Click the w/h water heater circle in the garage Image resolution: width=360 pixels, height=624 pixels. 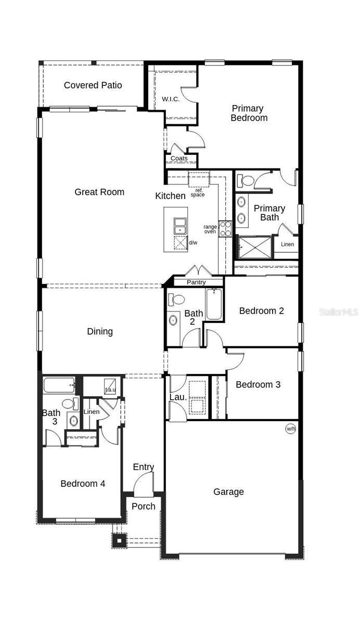tap(290, 428)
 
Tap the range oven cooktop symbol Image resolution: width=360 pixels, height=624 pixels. tap(225, 229)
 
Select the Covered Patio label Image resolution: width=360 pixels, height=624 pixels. tap(93, 85)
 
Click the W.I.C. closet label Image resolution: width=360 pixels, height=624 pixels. tap(171, 99)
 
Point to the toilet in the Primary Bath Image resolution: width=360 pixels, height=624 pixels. tap(245, 180)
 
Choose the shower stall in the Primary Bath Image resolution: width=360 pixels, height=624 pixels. tap(255, 247)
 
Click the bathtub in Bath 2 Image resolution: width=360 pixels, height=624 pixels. tap(214, 304)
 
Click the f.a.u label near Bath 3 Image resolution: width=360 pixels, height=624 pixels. tap(110, 389)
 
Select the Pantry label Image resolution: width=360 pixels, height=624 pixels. tap(196, 282)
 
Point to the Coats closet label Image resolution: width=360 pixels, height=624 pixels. tap(179, 158)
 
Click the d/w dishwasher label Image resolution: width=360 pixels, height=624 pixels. tap(193, 243)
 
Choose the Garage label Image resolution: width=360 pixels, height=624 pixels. tap(228, 492)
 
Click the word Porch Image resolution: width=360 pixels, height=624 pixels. tap(143, 506)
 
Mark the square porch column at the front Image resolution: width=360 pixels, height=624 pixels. tap(119, 541)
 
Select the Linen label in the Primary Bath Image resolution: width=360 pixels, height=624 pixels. tap(287, 244)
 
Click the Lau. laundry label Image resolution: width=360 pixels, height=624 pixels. tap(178, 397)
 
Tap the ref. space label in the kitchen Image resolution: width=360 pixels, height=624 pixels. tap(198, 192)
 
